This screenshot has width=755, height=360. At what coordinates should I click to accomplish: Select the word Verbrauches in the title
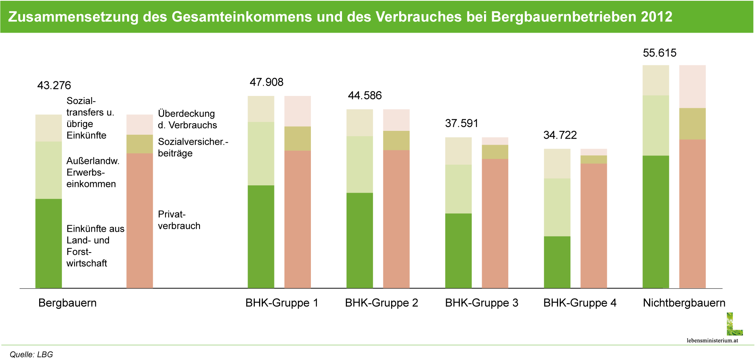(x=419, y=17)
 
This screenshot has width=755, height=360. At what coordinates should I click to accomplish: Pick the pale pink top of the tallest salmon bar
(x=692, y=86)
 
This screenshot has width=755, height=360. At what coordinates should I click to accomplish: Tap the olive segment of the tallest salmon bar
(x=692, y=124)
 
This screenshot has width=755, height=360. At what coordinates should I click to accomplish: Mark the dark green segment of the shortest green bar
(x=557, y=262)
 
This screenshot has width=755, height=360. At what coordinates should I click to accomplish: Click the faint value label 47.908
(x=266, y=82)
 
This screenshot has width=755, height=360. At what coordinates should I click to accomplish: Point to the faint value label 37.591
(x=461, y=124)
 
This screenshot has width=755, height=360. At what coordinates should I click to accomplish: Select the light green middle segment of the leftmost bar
(x=49, y=170)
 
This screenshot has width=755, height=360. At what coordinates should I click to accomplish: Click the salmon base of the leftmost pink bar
(x=140, y=221)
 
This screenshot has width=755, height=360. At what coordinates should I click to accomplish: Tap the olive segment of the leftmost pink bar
(x=140, y=144)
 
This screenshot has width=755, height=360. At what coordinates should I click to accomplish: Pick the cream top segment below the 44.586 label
(x=359, y=122)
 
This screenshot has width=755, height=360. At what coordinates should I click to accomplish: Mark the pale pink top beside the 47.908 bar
(x=297, y=111)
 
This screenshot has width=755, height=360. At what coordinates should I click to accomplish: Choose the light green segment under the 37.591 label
(x=458, y=189)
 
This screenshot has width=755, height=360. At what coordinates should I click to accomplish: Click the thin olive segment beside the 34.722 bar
(x=593, y=159)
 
